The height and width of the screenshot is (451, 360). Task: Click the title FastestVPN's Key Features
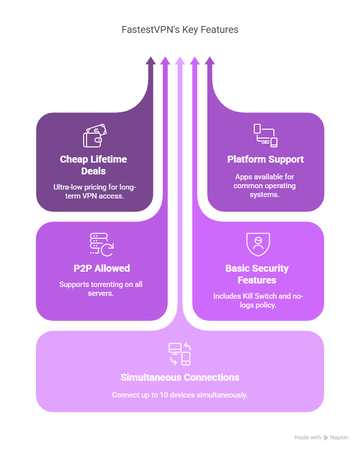click(x=180, y=29)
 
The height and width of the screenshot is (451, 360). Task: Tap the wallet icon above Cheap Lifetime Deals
click(x=95, y=136)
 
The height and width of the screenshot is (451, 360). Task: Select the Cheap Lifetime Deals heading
click(x=93, y=165)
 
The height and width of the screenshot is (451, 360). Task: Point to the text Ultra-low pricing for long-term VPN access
click(x=94, y=191)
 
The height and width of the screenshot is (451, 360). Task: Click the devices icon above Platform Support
click(x=265, y=136)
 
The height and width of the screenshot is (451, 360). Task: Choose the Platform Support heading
click(x=265, y=159)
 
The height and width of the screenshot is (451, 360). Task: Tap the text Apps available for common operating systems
click(x=265, y=186)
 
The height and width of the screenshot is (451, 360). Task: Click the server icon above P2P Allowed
click(x=102, y=245)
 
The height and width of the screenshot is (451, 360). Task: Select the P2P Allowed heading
click(x=102, y=268)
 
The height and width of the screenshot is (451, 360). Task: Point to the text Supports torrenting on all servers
click(x=101, y=288)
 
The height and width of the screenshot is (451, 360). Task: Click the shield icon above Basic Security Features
click(x=258, y=245)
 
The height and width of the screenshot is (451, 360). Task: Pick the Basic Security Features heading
click(x=257, y=274)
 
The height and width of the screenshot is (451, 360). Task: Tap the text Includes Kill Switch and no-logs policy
click(x=258, y=300)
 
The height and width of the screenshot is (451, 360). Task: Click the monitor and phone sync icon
click(x=180, y=354)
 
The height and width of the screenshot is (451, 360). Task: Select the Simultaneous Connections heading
click(x=180, y=377)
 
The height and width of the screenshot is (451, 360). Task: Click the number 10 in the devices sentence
click(x=164, y=395)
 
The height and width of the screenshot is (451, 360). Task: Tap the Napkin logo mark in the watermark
click(x=326, y=437)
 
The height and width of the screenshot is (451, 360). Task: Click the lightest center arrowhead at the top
click(x=180, y=60)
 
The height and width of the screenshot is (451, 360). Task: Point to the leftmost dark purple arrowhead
click(x=150, y=60)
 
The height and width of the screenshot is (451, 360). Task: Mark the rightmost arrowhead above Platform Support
click(x=210, y=60)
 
